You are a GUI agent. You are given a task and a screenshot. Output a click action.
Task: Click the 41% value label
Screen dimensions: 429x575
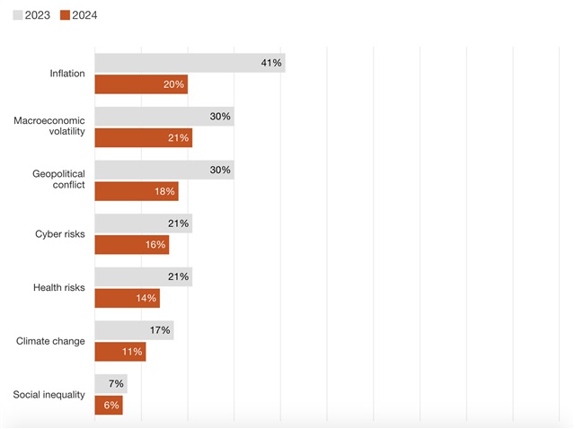(x=271, y=63)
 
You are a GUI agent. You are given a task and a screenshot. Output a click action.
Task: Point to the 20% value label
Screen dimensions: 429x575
(x=174, y=84)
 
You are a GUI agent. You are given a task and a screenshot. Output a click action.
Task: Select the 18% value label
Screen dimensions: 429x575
(x=164, y=191)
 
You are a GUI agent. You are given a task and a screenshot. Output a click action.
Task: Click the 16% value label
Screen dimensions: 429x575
(x=155, y=245)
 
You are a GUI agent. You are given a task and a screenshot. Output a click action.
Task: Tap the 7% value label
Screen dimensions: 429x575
(x=115, y=384)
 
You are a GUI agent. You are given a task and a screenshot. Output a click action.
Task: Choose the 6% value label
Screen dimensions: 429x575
(x=110, y=406)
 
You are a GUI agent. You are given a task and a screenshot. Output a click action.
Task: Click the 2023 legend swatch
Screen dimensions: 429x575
(x=18, y=15)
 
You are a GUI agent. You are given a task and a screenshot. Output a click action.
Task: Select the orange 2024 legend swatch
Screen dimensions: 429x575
(x=64, y=15)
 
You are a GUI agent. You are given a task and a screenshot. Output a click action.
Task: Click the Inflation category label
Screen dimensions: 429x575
(x=67, y=74)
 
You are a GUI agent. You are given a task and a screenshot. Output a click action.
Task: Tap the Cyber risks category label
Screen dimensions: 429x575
(x=60, y=234)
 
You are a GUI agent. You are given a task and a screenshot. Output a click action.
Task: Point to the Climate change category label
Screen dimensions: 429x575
(x=51, y=341)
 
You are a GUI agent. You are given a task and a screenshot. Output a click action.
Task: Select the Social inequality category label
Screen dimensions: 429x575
(x=49, y=395)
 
